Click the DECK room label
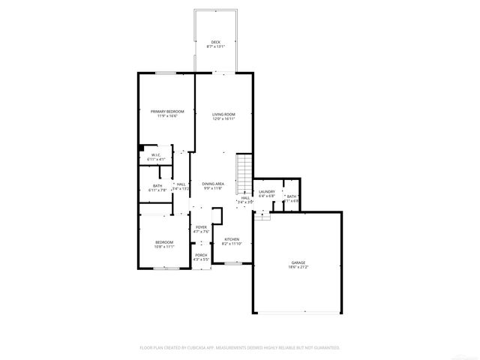[215, 42]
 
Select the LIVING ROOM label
[223, 114]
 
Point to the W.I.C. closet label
[156, 155]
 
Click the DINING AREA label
[213, 183]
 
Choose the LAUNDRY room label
[267, 192]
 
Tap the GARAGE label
[298, 262]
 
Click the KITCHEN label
[231, 239]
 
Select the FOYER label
[201, 226]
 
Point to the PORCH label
[201, 255]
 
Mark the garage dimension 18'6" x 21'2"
[298, 267]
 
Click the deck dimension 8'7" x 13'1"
[215, 46]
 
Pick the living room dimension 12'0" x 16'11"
[223, 118]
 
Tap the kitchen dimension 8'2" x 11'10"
[231, 244]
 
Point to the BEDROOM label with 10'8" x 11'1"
[164, 241]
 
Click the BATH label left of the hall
[157, 185]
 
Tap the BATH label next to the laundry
[291, 196]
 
